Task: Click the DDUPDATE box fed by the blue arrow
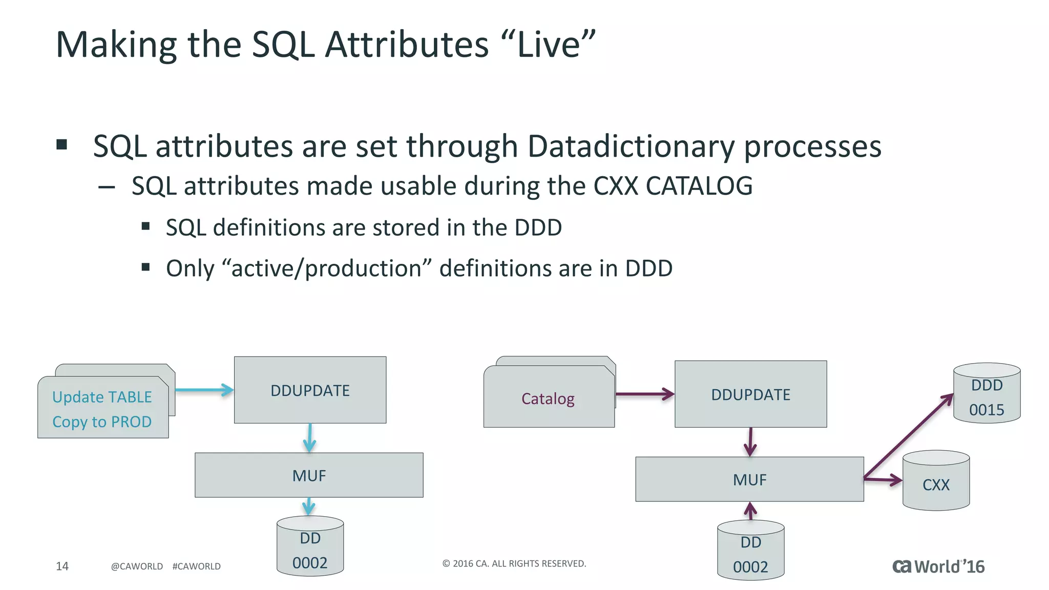(x=310, y=390)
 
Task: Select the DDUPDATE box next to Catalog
(x=750, y=394)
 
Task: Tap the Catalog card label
(x=548, y=398)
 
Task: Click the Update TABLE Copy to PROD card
(x=102, y=409)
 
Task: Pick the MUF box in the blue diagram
(x=309, y=475)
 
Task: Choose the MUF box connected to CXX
(x=749, y=479)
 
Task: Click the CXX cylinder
(x=936, y=484)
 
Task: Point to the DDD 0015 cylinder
(x=987, y=397)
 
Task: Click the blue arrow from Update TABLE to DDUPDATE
(x=204, y=390)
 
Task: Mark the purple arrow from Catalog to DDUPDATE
(x=644, y=394)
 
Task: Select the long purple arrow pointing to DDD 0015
(x=908, y=437)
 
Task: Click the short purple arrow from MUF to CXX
(x=883, y=480)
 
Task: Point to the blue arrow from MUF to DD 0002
(x=308, y=506)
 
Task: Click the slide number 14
(x=62, y=566)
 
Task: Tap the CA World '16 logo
(x=938, y=566)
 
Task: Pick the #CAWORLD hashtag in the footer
(x=196, y=566)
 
